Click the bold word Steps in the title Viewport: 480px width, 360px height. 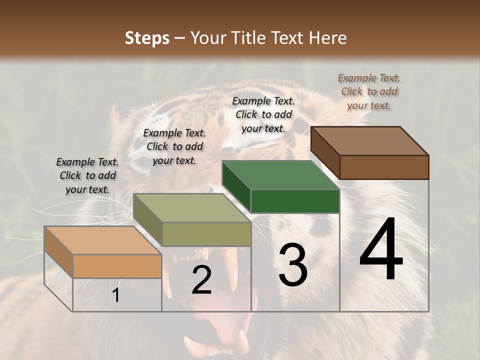click(x=147, y=38)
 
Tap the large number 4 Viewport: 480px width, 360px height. click(x=381, y=250)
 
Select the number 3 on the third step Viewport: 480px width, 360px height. click(x=292, y=265)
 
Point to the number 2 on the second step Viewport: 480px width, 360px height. click(x=201, y=280)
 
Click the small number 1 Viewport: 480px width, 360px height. click(x=116, y=295)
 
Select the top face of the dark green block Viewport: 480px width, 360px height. click(x=280, y=175)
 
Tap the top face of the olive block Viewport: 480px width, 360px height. click(x=192, y=208)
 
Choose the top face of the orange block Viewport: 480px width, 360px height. click(x=102, y=240)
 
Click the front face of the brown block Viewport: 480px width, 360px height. click(x=384, y=167)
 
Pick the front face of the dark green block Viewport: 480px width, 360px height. click(x=295, y=201)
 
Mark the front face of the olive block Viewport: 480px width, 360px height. click(x=206, y=234)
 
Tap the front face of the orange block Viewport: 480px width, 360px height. click(x=117, y=266)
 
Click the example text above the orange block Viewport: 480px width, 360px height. click(x=87, y=175)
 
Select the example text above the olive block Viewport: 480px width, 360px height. click(x=174, y=146)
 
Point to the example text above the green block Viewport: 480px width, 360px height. click(x=263, y=114)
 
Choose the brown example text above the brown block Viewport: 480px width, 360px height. click(x=369, y=91)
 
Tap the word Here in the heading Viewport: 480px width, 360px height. click(x=328, y=38)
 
